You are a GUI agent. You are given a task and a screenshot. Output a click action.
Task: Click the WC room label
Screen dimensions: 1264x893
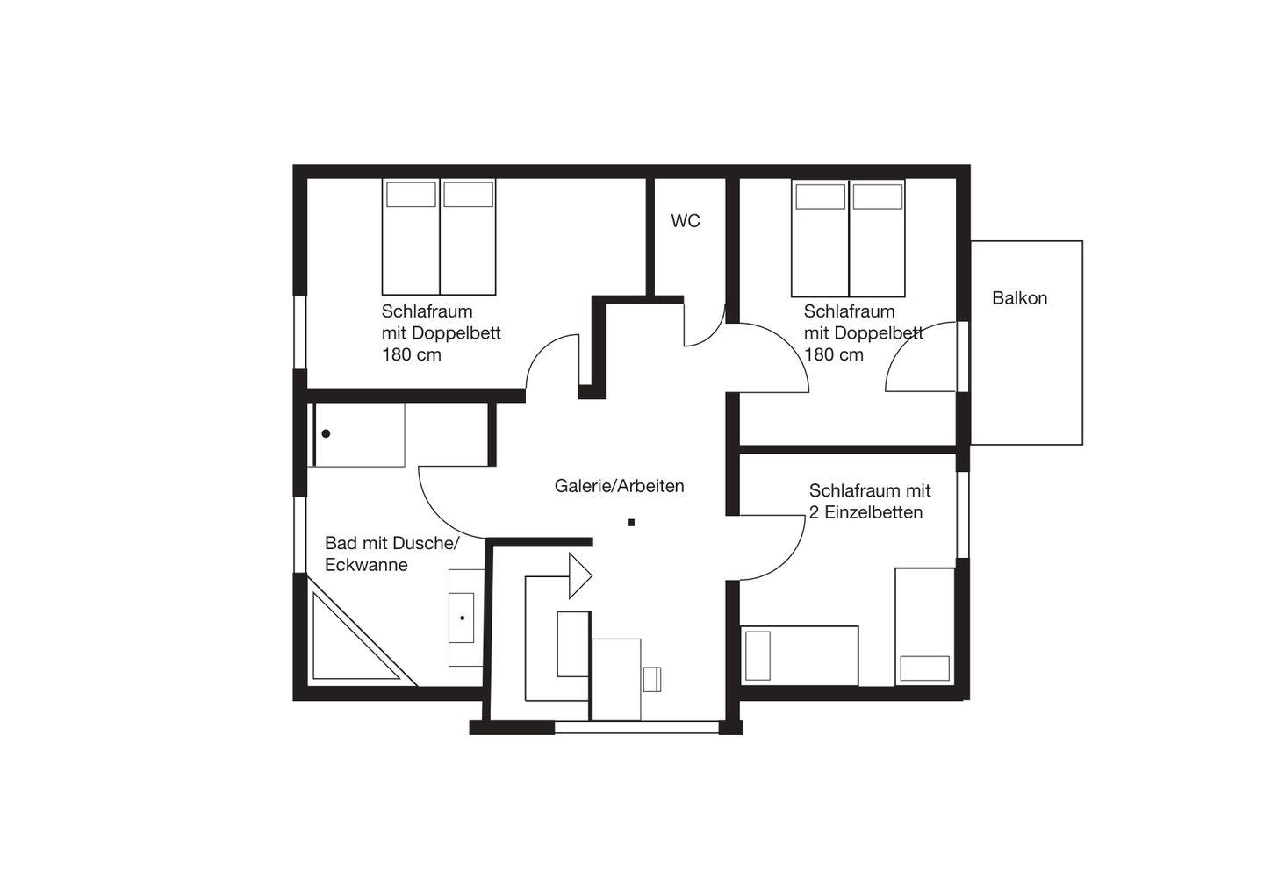tap(685, 220)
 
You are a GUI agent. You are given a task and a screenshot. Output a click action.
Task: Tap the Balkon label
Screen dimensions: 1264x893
tap(1019, 297)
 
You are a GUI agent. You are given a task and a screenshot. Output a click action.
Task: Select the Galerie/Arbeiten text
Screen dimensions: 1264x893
tap(619, 485)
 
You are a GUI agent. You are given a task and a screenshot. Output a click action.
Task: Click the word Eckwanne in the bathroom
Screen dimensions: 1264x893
tap(366, 565)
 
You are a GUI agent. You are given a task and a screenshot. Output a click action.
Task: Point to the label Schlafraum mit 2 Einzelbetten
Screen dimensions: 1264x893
tap(870, 501)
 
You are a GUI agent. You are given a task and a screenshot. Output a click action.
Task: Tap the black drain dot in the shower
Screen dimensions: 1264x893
tap(327, 433)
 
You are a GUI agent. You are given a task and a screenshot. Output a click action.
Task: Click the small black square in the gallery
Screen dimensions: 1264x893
tap(631, 523)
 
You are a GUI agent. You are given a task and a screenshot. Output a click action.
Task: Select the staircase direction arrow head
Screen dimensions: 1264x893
tap(579, 575)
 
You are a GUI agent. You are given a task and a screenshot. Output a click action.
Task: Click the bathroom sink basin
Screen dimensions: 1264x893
tap(462, 618)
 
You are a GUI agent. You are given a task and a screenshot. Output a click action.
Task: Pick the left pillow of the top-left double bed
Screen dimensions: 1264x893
tap(411, 195)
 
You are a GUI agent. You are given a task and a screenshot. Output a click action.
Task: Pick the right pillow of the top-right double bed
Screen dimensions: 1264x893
tap(878, 196)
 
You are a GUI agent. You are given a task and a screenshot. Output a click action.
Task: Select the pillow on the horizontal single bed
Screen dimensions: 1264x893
tap(758, 655)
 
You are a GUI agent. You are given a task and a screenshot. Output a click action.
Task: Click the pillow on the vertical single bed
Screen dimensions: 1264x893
tap(924, 668)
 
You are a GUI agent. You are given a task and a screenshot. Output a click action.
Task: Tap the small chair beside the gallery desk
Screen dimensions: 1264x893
tap(651, 679)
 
